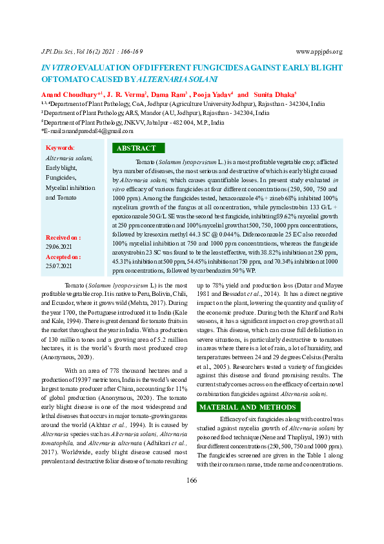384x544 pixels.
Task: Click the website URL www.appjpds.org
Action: pyautogui.click(x=319, y=52)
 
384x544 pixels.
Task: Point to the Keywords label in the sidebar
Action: pyautogui.click(x=60, y=148)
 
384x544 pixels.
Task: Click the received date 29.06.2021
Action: pyautogui.click(x=59, y=246)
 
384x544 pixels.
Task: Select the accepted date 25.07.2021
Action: pyautogui.click(x=59, y=266)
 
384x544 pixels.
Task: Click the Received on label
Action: pyautogui.click(x=63, y=237)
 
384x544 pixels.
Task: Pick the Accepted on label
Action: pyautogui.click(x=63, y=256)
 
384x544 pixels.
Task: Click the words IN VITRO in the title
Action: pyautogui.click(x=59, y=67)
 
